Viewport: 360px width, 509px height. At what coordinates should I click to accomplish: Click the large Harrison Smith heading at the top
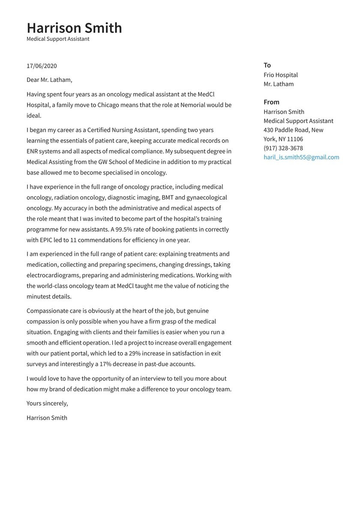[x=74, y=28]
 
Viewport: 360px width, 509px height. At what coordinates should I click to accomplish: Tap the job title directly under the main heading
[x=58, y=39]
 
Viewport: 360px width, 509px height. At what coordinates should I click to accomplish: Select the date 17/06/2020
[x=42, y=66]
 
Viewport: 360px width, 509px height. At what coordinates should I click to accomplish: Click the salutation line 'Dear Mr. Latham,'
[x=49, y=80]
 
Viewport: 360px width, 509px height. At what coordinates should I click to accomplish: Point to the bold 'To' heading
[x=267, y=65]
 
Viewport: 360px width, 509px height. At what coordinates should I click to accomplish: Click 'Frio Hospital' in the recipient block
[x=281, y=75]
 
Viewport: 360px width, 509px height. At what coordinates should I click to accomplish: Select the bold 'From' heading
[x=271, y=102]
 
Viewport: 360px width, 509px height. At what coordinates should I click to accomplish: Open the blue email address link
[x=301, y=157]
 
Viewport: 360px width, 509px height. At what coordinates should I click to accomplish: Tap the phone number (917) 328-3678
[x=283, y=148]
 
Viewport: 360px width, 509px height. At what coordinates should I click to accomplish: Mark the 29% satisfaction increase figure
[x=136, y=353]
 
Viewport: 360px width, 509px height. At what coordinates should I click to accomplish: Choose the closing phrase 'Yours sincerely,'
[x=47, y=404]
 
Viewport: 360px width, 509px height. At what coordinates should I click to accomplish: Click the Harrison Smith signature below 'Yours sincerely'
[x=47, y=418]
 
